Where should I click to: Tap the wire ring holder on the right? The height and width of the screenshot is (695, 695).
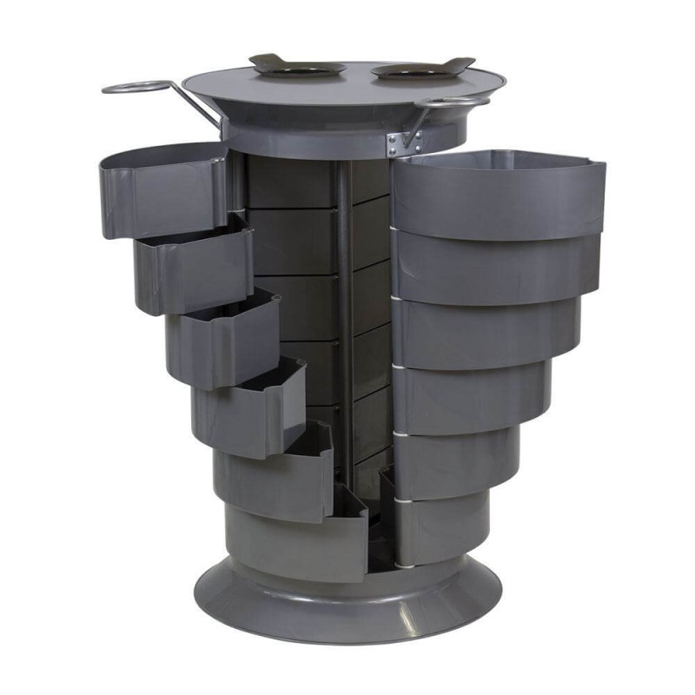pyautogui.click(x=450, y=103)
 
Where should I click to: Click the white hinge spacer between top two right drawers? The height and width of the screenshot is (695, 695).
pyautogui.click(x=393, y=228)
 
